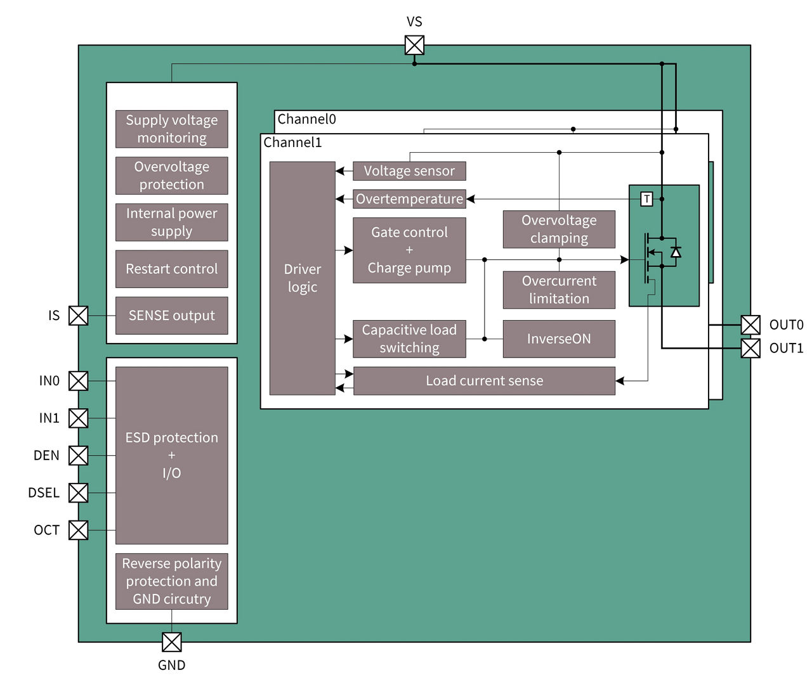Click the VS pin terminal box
pyautogui.click(x=414, y=45)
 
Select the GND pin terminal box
pyautogui.click(x=171, y=641)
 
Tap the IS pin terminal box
pyautogui.click(x=78, y=315)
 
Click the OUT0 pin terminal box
pyautogui.click(x=750, y=325)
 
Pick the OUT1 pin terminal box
pyautogui.click(x=750, y=348)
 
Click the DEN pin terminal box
pyautogui.click(x=78, y=455)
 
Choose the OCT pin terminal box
pyautogui.click(x=78, y=530)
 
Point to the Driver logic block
pyautogui.click(x=302, y=278)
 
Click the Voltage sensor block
pyautogui.click(x=409, y=170)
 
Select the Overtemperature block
pyautogui.click(x=409, y=199)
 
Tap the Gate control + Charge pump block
pyautogui.click(x=409, y=250)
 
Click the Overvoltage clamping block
pyautogui.click(x=559, y=229)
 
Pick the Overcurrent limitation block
pyautogui.click(x=559, y=290)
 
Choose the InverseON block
pyautogui.click(x=559, y=338)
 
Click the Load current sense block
pyautogui.click(x=484, y=380)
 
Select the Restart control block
pyautogui.click(x=171, y=269)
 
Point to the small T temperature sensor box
pyautogui.click(x=646, y=199)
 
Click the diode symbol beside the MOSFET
pyautogui.click(x=676, y=252)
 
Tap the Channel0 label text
pyautogui.click(x=306, y=119)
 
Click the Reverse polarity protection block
pyautogui.click(x=171, y=581)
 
